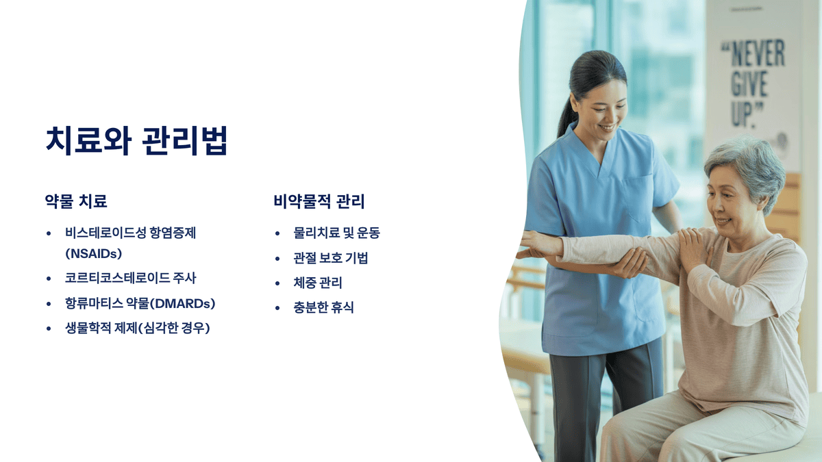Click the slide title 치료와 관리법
coord(136,140)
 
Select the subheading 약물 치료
coord(76,201)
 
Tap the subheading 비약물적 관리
coord(319,201)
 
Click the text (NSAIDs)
coord(94,253)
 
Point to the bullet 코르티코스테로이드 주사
coord(131,278)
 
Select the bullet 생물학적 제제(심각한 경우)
coord(138,328)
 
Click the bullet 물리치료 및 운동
coord(336,233)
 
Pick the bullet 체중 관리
coord(318,283)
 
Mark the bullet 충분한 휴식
coord(323,307)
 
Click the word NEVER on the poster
coord(753,54)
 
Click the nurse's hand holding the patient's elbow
coord(629,262)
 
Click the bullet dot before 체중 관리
coord(277,283)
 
